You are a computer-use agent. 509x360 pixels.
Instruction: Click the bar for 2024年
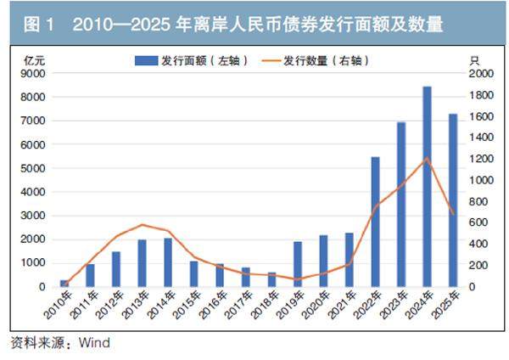427,187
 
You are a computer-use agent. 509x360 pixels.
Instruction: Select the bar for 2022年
375,222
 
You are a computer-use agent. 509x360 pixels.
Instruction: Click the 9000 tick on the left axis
35,74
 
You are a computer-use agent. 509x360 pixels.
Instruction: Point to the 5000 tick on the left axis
35,168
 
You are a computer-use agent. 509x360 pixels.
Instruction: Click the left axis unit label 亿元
35,59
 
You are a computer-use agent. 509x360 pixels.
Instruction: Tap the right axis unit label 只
474,59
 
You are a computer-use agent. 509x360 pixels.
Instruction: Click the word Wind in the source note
94,344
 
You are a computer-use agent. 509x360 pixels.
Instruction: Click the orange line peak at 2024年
427,159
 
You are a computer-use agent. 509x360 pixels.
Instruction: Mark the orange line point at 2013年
142,225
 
